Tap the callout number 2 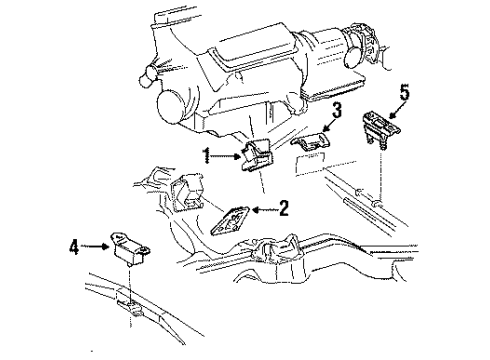click(x=284, y=209)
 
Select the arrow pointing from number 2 click(x=262, y=209)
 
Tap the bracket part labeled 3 click(x=312, y=146)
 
